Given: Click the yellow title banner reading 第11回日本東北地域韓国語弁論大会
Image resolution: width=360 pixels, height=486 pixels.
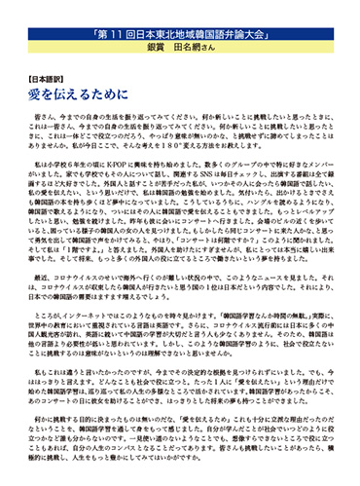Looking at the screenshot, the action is pos(179,18).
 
